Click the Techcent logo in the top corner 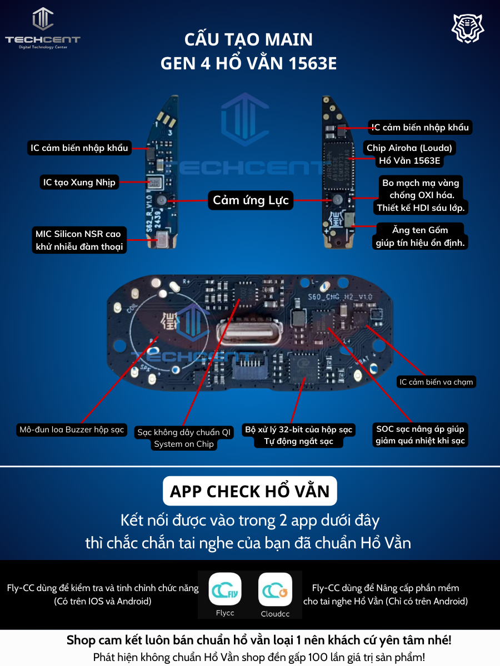[x=43, y=28]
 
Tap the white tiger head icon [x=468, y=28]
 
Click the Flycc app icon [x=225, y=589]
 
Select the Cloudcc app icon [x=275, y=589]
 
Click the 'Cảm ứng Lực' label [x=251, y=200]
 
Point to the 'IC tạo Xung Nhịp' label [x=79, y=183]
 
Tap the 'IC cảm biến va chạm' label [x=436, y=382]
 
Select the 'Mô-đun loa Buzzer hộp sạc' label [x=72, y=430]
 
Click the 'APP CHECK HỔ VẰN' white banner [x=250, y=491]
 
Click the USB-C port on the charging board [x=249, y=332]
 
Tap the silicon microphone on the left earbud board [x=163, y=239]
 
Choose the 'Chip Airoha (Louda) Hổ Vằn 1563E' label [x=409, y=154]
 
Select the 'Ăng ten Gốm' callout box [x=420, y=236]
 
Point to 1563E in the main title [x=312, y=64]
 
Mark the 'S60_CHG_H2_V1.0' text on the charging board [x=340, y=297]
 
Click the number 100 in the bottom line [x=318, y=658]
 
